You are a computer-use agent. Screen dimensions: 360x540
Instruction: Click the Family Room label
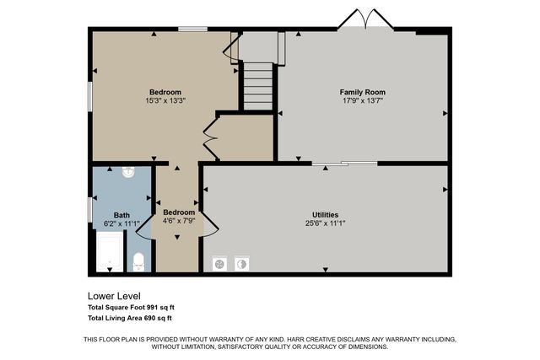363,91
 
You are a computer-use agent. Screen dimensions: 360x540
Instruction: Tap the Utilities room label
325,215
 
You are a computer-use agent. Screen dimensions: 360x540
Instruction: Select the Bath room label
121,215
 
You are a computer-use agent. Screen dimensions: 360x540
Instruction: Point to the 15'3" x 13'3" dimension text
165,101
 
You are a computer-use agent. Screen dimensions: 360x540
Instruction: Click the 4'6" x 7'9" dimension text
178,221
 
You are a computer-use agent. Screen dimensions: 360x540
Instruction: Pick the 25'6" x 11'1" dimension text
325,224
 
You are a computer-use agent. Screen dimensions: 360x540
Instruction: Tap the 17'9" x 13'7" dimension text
363,100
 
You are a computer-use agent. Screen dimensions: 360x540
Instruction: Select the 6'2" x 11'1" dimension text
121,224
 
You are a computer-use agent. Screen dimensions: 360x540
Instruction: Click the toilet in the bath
139,261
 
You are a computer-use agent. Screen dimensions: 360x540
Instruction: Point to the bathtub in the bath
109,253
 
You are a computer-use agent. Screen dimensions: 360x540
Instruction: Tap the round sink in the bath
128,173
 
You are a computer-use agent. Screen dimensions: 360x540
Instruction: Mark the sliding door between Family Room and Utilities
344,164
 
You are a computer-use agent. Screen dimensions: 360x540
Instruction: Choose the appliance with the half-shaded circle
241,263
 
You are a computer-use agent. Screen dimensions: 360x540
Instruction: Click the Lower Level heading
113,296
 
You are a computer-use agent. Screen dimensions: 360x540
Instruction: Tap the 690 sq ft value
157,318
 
